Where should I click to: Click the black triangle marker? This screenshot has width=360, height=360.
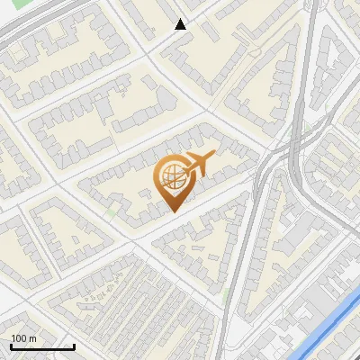coord(181,24)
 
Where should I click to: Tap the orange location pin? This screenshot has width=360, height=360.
coord(172,181)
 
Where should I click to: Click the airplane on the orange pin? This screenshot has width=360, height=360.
coord(197,165)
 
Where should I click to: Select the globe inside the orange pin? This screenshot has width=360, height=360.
coord(171,176)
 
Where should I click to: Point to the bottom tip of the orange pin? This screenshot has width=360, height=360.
coord(173,211)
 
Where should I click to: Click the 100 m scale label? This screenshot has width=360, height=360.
coord(23,337)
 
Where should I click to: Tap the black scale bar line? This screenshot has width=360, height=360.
coord(42,346)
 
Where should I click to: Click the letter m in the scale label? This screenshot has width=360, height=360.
coord(32,337)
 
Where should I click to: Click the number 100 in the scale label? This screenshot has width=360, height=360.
coord(19,337)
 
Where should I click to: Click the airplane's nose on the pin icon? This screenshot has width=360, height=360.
coord(213,158)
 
